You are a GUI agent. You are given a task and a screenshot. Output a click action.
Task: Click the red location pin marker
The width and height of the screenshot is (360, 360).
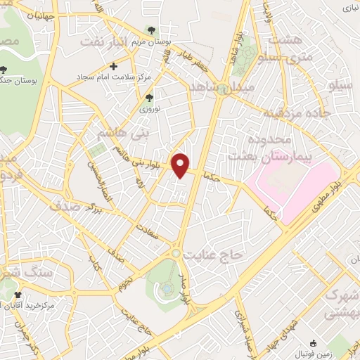pos(181,165)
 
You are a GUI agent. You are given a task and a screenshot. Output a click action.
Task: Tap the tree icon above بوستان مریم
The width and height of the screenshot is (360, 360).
pos(150,30)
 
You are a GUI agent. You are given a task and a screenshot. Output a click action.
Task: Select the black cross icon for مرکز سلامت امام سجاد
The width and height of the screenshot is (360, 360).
pos(114,65)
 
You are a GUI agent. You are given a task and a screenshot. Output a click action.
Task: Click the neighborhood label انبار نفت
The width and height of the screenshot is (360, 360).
pos(106,43)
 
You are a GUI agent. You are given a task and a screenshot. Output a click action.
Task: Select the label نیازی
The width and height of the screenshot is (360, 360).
pos(349,8)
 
